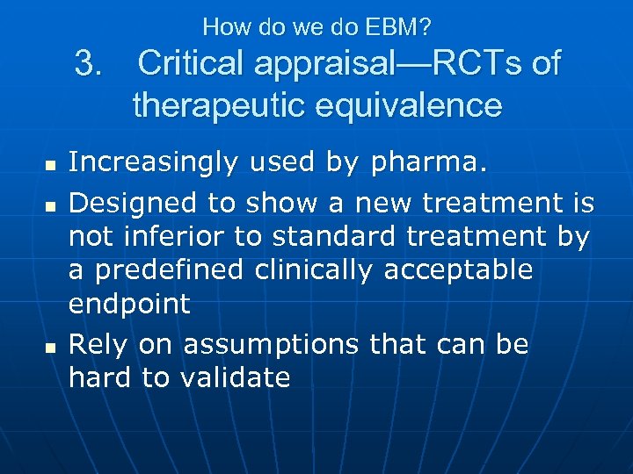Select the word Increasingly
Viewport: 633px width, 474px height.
coord(156,162)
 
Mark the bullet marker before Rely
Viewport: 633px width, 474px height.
coord(49,347)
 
